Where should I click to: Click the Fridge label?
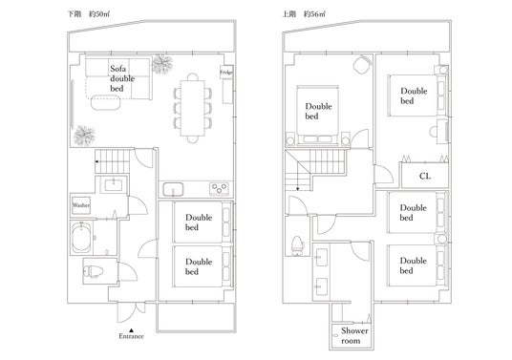click(226, 73)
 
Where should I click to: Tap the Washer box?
click(81, 205)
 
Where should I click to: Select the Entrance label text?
click(131, 336)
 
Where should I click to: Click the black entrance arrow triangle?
click(131, 330)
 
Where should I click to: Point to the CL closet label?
click(425, 177)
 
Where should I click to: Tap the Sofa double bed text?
click(122, 78)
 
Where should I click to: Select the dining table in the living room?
click(193, 108)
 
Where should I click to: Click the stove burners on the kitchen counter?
click(219, 189)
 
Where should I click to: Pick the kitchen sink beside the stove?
click(173, 189)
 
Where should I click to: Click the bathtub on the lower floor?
click(81, 238)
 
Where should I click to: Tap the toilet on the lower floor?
click(94, 271)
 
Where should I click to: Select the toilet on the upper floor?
click(297, 245)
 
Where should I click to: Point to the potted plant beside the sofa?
click(162, 64)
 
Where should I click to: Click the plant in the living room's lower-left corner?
click(84, 136)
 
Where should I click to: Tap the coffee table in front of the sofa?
click(105, 102)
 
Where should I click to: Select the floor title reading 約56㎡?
click(314, 14)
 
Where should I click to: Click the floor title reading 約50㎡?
click(99, 14)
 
